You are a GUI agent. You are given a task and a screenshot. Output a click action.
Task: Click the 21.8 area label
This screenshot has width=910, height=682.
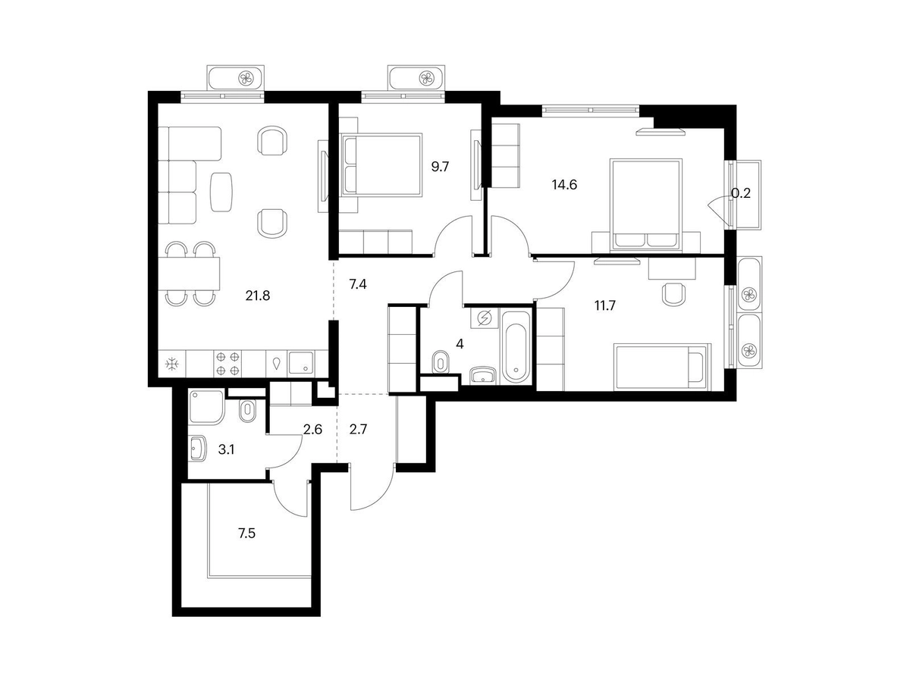(x=257, y=296)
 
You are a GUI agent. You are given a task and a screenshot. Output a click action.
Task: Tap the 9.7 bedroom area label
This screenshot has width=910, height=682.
(x=440, y=167)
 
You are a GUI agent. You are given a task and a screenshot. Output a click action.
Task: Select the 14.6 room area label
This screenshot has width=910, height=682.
(x=564, y=185)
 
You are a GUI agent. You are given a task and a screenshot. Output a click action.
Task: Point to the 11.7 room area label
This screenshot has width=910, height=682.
(x=605, y=306)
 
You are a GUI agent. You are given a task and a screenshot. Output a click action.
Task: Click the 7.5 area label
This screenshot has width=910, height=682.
(x=246, y=533)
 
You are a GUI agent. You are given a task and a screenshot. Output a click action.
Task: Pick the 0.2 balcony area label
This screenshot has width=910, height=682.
(x=741, y=193)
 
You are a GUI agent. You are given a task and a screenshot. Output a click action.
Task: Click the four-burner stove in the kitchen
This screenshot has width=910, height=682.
(x=228, y=363)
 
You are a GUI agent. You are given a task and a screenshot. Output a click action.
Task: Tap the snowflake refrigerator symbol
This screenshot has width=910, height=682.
(x=172, y=364)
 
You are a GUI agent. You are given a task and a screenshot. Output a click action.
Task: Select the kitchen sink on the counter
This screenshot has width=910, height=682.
(x=301, y=363)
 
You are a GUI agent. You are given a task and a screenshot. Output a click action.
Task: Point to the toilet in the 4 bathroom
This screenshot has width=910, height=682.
(x=440, y=362)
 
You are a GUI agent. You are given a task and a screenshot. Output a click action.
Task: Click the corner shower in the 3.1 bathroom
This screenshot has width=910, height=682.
(x=206, y=407)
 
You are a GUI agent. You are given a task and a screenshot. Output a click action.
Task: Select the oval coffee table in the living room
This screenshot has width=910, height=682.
(x=221, y=192)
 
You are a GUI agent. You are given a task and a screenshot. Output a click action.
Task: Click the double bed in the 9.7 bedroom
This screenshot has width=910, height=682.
(x=382, y=164)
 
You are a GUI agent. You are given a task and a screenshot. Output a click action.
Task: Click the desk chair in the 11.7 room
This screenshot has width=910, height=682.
(x=673, y=294)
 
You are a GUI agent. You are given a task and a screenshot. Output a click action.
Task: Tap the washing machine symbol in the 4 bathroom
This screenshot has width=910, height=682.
(x=485, y=318)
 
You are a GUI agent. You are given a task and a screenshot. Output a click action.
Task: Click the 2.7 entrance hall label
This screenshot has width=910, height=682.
(x=358, y=430)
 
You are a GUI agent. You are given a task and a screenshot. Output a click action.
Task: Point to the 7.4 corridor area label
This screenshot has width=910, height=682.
(x=358, y=284)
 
